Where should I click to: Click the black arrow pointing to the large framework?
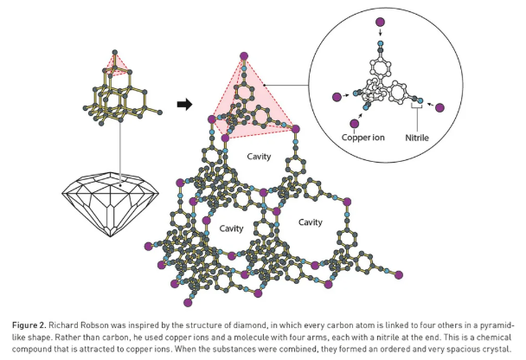point(183,105)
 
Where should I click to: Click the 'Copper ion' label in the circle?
point(365,136)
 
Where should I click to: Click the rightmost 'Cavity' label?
point(310,222)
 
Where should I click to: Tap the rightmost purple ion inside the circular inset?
point(439,107)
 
